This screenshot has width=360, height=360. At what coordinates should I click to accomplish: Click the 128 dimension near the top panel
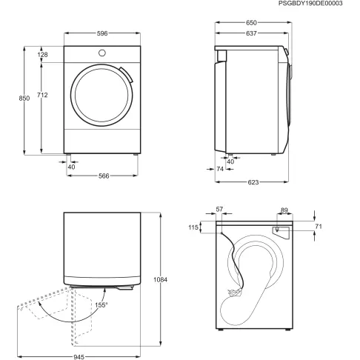(x=43, y=55)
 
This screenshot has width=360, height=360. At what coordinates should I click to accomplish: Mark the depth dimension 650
(x=252, y=23)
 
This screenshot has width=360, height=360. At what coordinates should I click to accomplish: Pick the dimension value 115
(x=194, y=228)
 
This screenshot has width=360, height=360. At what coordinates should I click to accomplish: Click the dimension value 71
(x=319, y=226)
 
